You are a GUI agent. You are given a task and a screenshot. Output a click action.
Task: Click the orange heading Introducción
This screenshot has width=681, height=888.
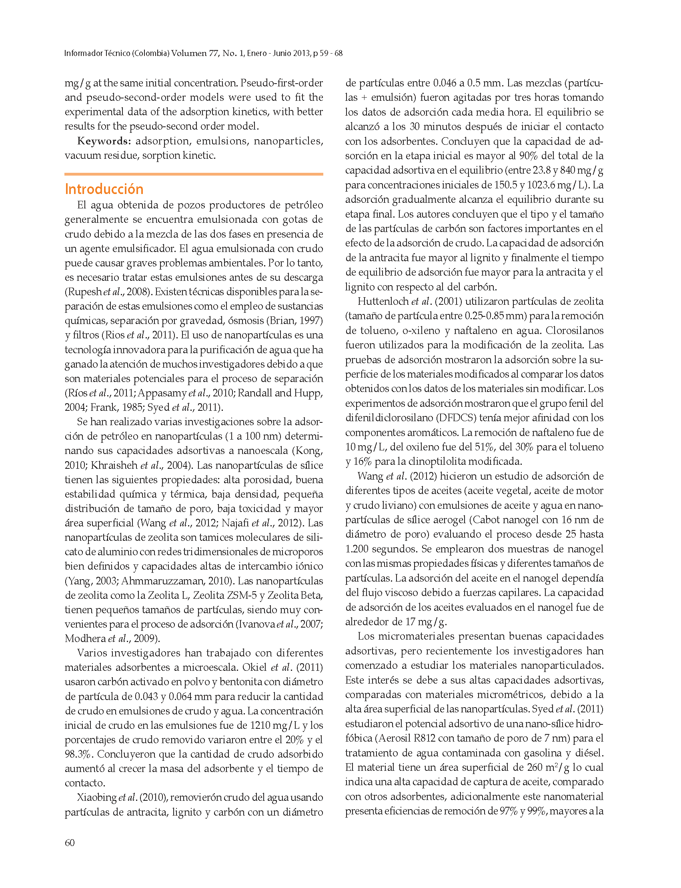click(104, 189)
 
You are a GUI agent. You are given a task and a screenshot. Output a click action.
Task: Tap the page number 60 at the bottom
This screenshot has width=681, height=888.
click(70, 843)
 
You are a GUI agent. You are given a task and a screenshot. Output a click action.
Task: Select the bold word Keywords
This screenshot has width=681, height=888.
click(103, 141)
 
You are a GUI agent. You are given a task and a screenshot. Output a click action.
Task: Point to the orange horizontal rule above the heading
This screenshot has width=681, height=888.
click(194, 174)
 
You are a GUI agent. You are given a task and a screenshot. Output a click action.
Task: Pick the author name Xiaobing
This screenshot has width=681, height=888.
click(96, 797)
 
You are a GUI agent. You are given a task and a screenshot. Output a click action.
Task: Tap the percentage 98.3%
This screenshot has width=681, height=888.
click(79, 754)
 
